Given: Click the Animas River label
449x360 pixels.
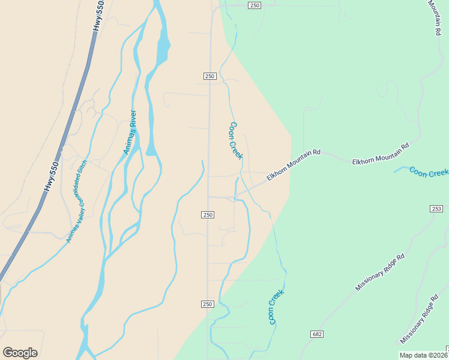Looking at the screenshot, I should click(x=130, y=133).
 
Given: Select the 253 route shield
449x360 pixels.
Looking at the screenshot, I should click(x=436, y=208).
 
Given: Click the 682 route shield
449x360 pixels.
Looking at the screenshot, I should click(x=318, y=334).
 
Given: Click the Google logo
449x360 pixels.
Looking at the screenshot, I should click(x=20, y=353).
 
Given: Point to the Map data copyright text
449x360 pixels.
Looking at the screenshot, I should click(x=424, y=355).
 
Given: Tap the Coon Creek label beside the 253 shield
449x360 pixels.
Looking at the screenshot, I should click(x=429, y=172).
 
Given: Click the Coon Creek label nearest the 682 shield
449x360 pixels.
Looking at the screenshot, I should click(x=276, y=307).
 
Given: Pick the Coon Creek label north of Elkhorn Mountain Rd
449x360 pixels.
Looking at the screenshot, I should click(x=236, y=141).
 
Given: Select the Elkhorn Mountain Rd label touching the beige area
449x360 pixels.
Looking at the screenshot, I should click(x=294, y=165).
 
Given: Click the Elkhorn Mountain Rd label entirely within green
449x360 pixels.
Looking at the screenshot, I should click(x=380, y=154).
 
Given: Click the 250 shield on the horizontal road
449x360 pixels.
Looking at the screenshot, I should click(x=255, y=5).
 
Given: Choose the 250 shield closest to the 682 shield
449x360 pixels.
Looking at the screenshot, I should click(x=208, y=305).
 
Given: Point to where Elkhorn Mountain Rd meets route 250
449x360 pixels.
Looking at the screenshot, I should click(x=209, y=196).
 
